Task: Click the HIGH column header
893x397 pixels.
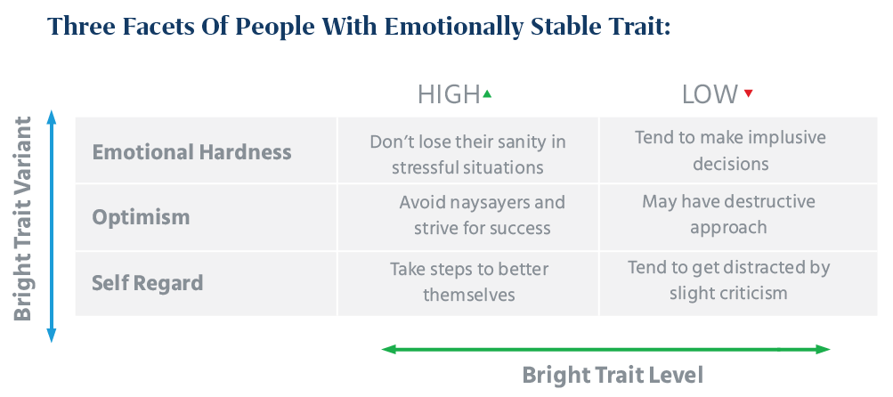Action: click(x=449, y=94)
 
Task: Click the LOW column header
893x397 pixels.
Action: click(x=710, y=94)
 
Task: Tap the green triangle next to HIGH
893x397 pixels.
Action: click(x=487, y=93)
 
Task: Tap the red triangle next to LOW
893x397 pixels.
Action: click(x=748, y=93)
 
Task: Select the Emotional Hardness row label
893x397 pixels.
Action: click(x=191, y=151)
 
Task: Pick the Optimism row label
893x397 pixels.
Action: click(x=141, y=217)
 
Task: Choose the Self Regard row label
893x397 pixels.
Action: click(x=148, y=283)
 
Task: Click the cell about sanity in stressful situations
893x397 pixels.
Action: click(x=468, y=153)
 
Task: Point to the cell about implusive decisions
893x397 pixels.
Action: click(x=730, y=150)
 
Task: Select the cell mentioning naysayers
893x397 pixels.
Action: click(x=482, y=215)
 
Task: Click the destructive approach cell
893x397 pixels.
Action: click(x=728, y=214)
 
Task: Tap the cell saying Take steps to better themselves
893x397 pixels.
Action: click(x=469, y=280)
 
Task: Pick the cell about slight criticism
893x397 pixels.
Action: click(x=728, y=280)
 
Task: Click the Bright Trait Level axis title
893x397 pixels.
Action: click(x=613, y=375)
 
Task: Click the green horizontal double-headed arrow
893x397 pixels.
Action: click(x=605, y=349)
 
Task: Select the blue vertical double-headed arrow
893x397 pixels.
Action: click(x=52, y=226)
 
